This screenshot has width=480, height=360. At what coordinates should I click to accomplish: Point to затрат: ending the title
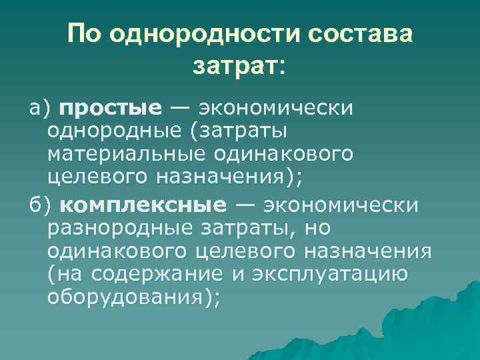pos(238,65)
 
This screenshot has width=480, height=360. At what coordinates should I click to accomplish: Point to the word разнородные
pos(122,227)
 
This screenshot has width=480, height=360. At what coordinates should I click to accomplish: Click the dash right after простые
pos(179,107)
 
